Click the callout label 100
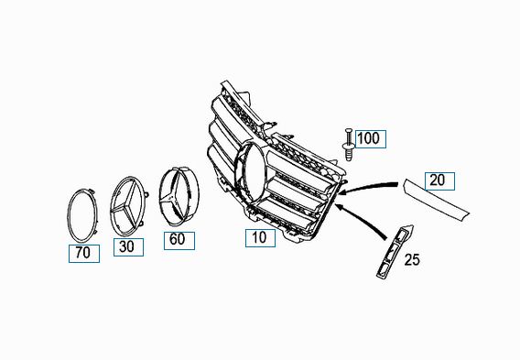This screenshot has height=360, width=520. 371,139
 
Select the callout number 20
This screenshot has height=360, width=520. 439,181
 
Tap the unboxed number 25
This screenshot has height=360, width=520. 412,260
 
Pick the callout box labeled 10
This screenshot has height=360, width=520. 260,238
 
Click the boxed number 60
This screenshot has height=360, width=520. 179,241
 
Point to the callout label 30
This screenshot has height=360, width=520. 128,247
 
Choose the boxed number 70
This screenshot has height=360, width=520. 84,254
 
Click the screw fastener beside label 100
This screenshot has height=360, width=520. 348,145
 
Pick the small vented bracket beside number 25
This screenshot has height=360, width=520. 394,252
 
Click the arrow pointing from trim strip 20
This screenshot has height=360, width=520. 368,186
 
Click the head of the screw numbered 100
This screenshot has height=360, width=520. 348,130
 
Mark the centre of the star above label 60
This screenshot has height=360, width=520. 174,196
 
